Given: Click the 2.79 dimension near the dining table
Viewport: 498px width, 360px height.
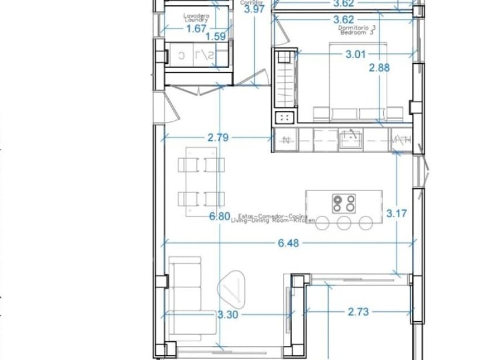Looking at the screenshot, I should point(218,138).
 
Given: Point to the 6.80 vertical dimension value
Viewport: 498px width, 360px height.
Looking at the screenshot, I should point(219,216).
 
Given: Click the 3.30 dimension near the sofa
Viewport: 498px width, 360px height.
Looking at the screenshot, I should point(227,315).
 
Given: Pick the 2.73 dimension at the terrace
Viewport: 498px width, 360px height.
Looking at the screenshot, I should point(357,312).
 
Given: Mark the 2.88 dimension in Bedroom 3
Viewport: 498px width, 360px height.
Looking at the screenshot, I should point(379,67).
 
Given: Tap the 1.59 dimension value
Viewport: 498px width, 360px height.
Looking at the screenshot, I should point(217,36).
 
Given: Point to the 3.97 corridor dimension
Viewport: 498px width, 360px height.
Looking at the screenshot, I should point(254,9).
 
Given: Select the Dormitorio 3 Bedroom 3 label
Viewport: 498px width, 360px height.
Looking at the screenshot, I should point(357,30).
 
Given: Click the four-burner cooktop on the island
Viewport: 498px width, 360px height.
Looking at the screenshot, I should point(344,203).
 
